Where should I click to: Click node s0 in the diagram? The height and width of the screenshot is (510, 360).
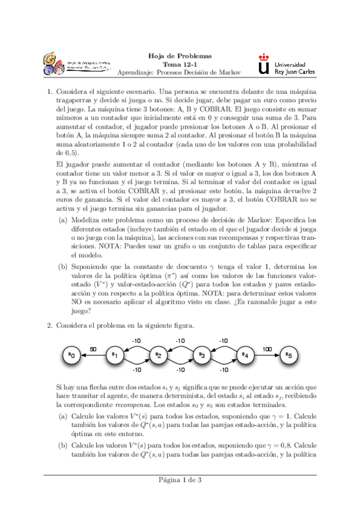70,355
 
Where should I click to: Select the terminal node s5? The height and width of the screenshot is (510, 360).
288,355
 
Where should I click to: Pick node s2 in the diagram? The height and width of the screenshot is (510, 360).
157,355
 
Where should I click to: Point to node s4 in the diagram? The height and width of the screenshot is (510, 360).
245,355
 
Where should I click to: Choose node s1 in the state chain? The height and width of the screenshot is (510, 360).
114,355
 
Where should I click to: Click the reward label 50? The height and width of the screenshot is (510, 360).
93,348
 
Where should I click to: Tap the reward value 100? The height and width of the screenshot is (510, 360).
266,348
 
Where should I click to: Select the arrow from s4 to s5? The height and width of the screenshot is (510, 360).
266,355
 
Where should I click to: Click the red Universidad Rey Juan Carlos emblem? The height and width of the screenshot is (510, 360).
263,63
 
